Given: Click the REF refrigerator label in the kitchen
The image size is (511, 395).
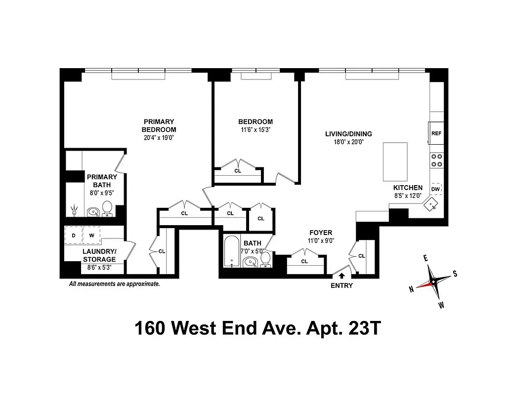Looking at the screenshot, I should pos(436,133).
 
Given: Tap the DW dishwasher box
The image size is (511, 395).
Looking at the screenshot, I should pos(435,189).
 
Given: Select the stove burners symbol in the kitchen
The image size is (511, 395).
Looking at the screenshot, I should pos(436,160).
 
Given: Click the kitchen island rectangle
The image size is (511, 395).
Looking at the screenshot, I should pos(395,161).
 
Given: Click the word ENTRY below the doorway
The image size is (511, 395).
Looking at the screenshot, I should pos(341,286).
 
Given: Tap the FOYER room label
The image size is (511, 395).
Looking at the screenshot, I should pos(321,233).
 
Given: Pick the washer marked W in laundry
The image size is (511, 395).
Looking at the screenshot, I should pos(91,236).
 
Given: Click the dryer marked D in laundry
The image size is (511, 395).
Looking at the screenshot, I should pos(74,236).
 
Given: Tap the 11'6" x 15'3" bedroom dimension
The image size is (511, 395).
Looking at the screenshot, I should pos(255,131).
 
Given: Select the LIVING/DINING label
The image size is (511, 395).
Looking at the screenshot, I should pos(348,134).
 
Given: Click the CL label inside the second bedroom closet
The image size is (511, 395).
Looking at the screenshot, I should pos(238,171).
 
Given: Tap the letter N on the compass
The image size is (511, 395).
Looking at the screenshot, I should pos(411,290).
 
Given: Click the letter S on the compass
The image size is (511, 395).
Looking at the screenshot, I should pos(455,274).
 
